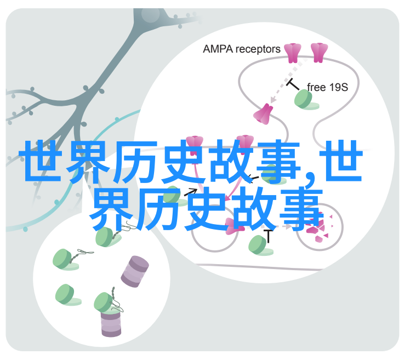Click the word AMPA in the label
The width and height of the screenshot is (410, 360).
click(x=218, y=49)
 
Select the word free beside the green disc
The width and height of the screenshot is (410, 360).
click(x=316, y=87)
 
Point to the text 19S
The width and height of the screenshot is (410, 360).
click(x=338, y=87)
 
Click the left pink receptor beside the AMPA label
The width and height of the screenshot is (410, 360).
click(x=293, y=53)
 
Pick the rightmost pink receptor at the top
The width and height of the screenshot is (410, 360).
click(x=319, y=53)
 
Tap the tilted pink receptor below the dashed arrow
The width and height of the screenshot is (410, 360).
click(x=263, y=114)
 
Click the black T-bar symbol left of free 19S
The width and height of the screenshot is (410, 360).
click(x=293, y=84)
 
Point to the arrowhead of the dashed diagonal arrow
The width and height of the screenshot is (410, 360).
click(x=274, y=100)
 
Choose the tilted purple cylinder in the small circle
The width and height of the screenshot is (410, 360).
click(x=135, y=271)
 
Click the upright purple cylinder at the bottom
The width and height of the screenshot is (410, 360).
click(x=111, y=323)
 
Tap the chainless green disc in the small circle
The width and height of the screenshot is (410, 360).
click(x=67, y=295)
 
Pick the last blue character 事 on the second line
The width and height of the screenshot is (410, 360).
click(x=301, y=209)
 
